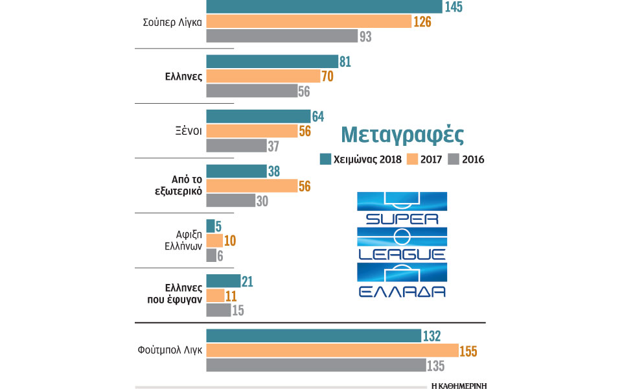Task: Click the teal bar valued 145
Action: [x=324, y=6]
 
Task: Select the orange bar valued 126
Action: [x=309, y=21]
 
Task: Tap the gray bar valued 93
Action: [x=281, y=36]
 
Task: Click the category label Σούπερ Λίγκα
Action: [x=173, y=21]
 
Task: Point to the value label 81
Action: [x=345, y=62]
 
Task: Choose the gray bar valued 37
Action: [x=236, y=146]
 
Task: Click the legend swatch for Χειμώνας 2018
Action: [x=325, y=159]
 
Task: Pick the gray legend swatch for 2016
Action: [x=454, y=159]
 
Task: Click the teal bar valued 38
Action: [x=236, y=171]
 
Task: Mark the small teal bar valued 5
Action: [x=210, y=226]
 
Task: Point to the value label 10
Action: [x=229, y=241]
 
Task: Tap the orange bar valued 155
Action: [x=332, y=351]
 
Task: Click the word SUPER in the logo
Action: [x=402, y=218]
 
